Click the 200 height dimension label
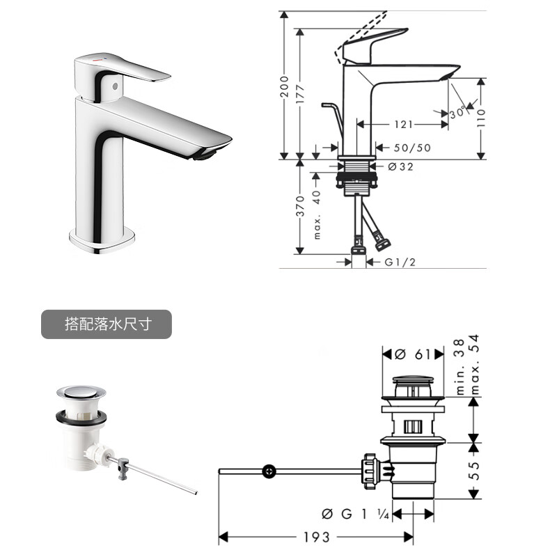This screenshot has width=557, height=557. [284, 86]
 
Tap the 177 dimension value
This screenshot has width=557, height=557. [300, 94]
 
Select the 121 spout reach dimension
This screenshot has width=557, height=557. [404, 125]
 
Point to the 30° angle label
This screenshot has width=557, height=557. [457, 112]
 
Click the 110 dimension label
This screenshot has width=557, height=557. [480, 118]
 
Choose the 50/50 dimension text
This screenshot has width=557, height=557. [412, 148]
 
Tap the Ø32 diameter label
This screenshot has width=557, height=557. [401, 166]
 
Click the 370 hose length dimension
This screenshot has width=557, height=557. [300, 206]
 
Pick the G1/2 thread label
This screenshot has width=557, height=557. [400, 262]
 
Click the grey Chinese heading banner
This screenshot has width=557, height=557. [107, 324]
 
